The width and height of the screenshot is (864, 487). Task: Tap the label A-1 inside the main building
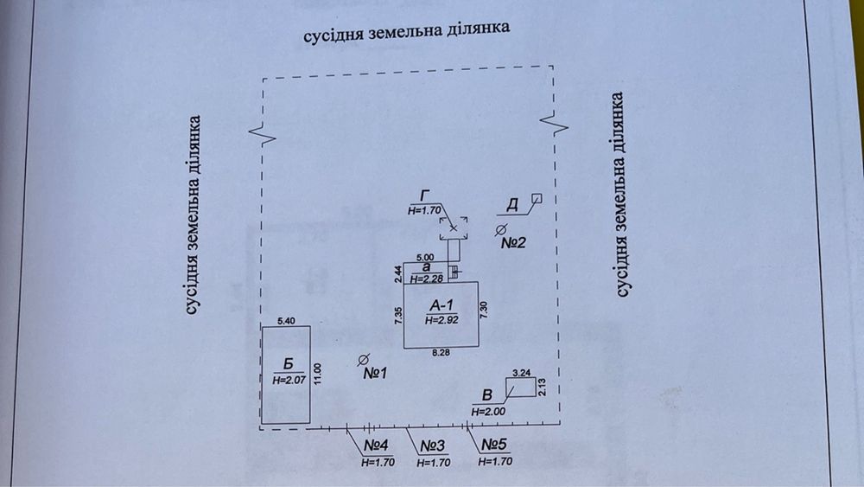tap(442, 304)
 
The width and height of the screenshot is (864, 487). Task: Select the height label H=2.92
tap(442, 319)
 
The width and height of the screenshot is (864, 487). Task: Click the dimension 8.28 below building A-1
tap(441, 353)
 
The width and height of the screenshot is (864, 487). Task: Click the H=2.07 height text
tap(289, 380)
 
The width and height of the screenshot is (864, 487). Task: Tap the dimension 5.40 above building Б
tap(286, 321)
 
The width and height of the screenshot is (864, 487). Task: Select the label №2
tap(513, 243)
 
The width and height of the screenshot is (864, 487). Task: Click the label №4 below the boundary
tap(377, 445)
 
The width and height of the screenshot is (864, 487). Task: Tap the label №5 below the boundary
tap(493, 445)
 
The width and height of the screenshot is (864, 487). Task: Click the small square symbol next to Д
tap(537, 199)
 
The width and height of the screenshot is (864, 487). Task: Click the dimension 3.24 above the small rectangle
tap(521, 373)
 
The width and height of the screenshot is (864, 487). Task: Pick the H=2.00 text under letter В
tap(488, 411)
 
